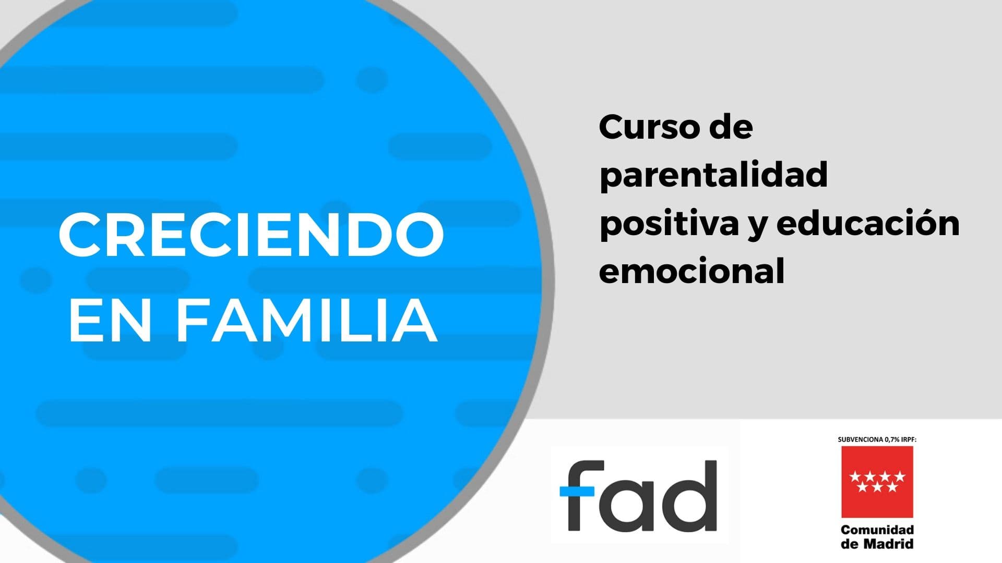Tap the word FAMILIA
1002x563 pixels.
[x=307, y=321]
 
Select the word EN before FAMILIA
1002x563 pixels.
[x=107, y=321]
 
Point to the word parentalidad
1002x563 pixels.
[x=713, y=176]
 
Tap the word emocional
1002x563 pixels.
[x=692, y=271]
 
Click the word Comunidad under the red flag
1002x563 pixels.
[x=877, y=530]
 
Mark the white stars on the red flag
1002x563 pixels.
[x=877, y=482]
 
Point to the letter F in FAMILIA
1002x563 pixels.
[x=193, y=321]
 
